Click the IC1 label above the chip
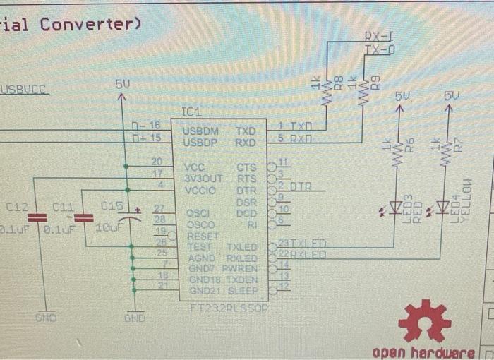pos(192,112)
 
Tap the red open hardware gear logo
pos(424,321)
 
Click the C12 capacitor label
pos(18,208)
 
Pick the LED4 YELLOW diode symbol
pos(443,208)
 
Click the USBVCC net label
pos(24,90)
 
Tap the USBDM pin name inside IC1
pos(201,131)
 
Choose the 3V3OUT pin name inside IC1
pos(203,179)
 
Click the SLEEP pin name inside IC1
pos(245,290)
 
